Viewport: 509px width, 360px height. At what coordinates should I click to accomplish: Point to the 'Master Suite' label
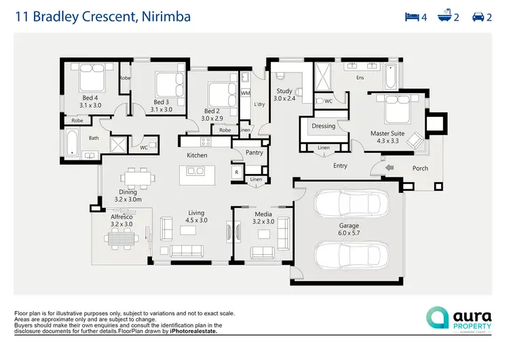click(x=388, y=134)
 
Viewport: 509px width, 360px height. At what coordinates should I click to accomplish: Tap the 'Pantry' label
click(x=254, y=153)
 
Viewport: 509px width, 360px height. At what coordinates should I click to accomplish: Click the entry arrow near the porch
click(x=389, y=167)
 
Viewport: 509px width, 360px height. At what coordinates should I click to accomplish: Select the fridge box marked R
click(x=236, y=173)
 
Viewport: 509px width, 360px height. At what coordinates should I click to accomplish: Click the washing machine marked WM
click(x=246, y=92)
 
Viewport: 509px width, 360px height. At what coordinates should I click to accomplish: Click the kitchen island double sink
click(x=195, y=171)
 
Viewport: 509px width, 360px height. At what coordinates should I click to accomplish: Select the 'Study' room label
click(x=284, y=91)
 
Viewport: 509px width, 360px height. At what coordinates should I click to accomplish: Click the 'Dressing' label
click(x=323, y=126)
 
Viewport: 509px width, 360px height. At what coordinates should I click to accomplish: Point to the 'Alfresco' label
click(x=121, y=217)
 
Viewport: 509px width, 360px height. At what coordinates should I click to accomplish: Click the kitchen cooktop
click(x=205, y=142)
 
